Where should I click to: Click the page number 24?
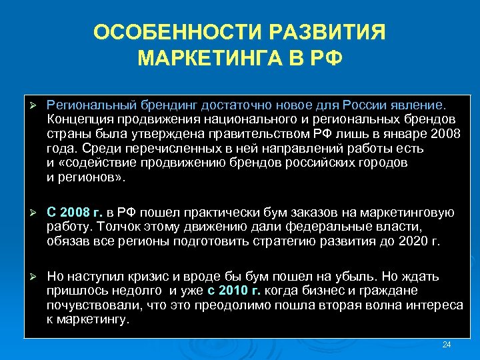[x=447, y=345]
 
